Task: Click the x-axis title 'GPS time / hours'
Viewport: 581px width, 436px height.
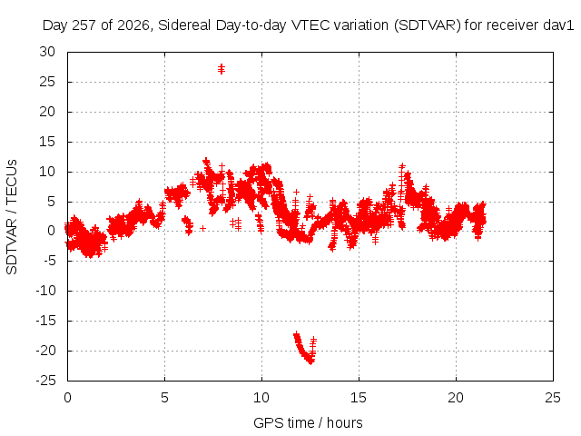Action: click(x=308, y=422)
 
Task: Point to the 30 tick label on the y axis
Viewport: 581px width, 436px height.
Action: click(x=47, y=52)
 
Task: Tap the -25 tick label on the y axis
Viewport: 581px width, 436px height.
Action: click(x=46, y=381)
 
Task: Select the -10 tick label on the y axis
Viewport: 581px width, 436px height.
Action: click(x=46, y=291)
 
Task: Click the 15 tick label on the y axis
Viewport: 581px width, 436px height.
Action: click(x=47, y=142)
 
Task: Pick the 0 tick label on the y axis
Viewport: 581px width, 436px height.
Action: click(x=52, y=231)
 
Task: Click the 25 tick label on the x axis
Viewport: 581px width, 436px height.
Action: click(x=553, y=398)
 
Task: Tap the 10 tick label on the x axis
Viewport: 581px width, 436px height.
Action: click(x=261, y=398)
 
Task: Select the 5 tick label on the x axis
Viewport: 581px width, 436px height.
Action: click(x=164, y=398)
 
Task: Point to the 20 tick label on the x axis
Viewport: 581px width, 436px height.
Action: click(x=456, y=398)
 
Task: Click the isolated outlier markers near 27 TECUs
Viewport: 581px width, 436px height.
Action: click(x=222, y=69)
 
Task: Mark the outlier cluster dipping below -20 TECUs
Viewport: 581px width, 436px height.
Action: click(x=305, y=349)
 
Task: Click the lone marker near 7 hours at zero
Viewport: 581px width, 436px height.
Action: click(x=202, y=228)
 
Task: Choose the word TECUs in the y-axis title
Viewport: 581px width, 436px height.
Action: click(x=12, y=182)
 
